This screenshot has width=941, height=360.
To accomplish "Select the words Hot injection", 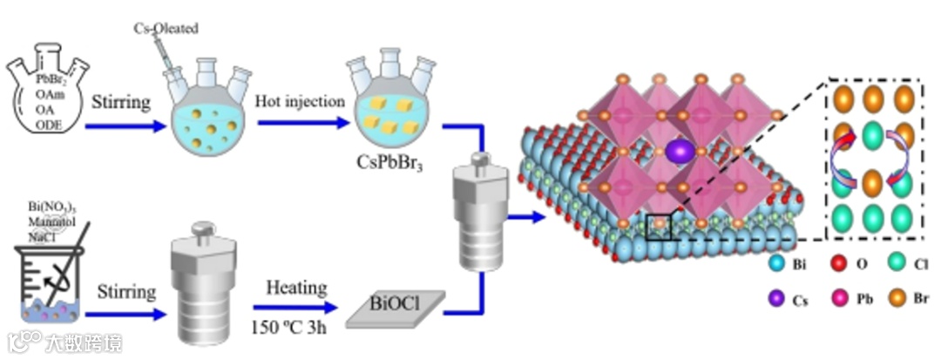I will click(301, 101).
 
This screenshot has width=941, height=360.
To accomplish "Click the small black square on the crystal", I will click(660, 224).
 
